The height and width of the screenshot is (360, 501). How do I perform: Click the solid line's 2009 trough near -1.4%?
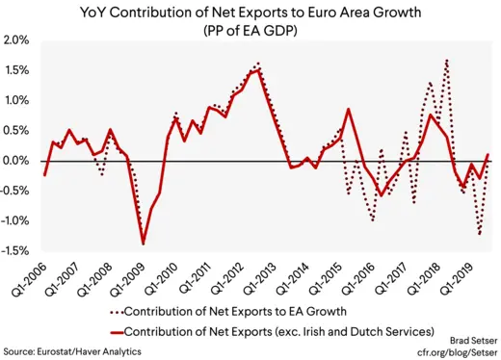[144, 244]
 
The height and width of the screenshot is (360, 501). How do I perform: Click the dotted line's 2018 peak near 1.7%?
[447, 60]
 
